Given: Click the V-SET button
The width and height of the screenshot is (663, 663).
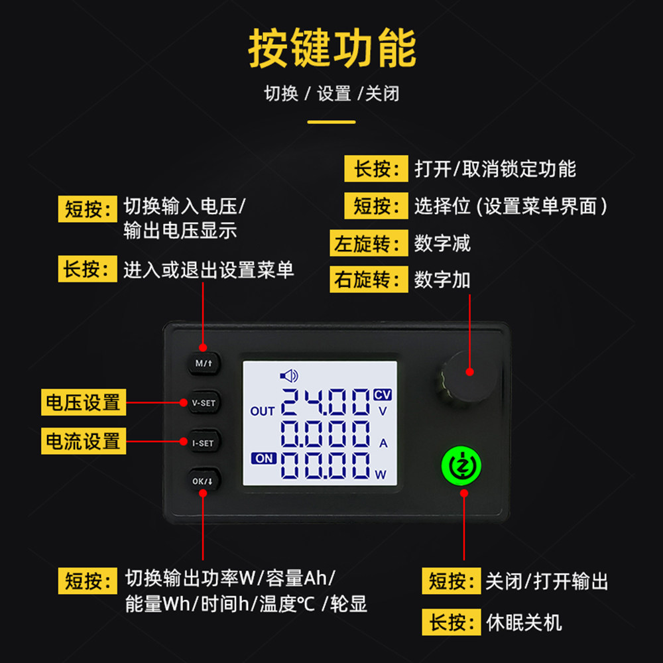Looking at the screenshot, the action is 204,402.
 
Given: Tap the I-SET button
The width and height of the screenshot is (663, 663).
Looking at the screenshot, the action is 203,442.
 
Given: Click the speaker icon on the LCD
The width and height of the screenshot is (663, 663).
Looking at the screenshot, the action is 289,376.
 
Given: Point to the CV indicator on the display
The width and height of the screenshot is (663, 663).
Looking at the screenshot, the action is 383,394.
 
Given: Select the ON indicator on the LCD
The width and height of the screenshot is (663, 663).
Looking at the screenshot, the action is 263,458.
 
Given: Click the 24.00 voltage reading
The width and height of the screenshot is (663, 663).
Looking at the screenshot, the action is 325,402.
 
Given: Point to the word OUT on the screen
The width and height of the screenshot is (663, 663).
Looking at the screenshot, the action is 263,411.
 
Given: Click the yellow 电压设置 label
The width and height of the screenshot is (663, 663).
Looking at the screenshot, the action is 84,402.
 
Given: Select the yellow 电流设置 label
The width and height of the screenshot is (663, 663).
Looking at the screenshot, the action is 84,441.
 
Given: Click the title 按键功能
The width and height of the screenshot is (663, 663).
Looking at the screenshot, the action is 332,48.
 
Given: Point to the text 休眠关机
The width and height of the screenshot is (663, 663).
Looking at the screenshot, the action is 524,623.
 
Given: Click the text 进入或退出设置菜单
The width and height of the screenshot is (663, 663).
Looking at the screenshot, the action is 209,270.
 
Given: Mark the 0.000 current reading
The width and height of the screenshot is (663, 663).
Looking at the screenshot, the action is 325,434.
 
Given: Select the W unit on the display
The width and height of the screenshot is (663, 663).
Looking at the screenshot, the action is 381,474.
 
